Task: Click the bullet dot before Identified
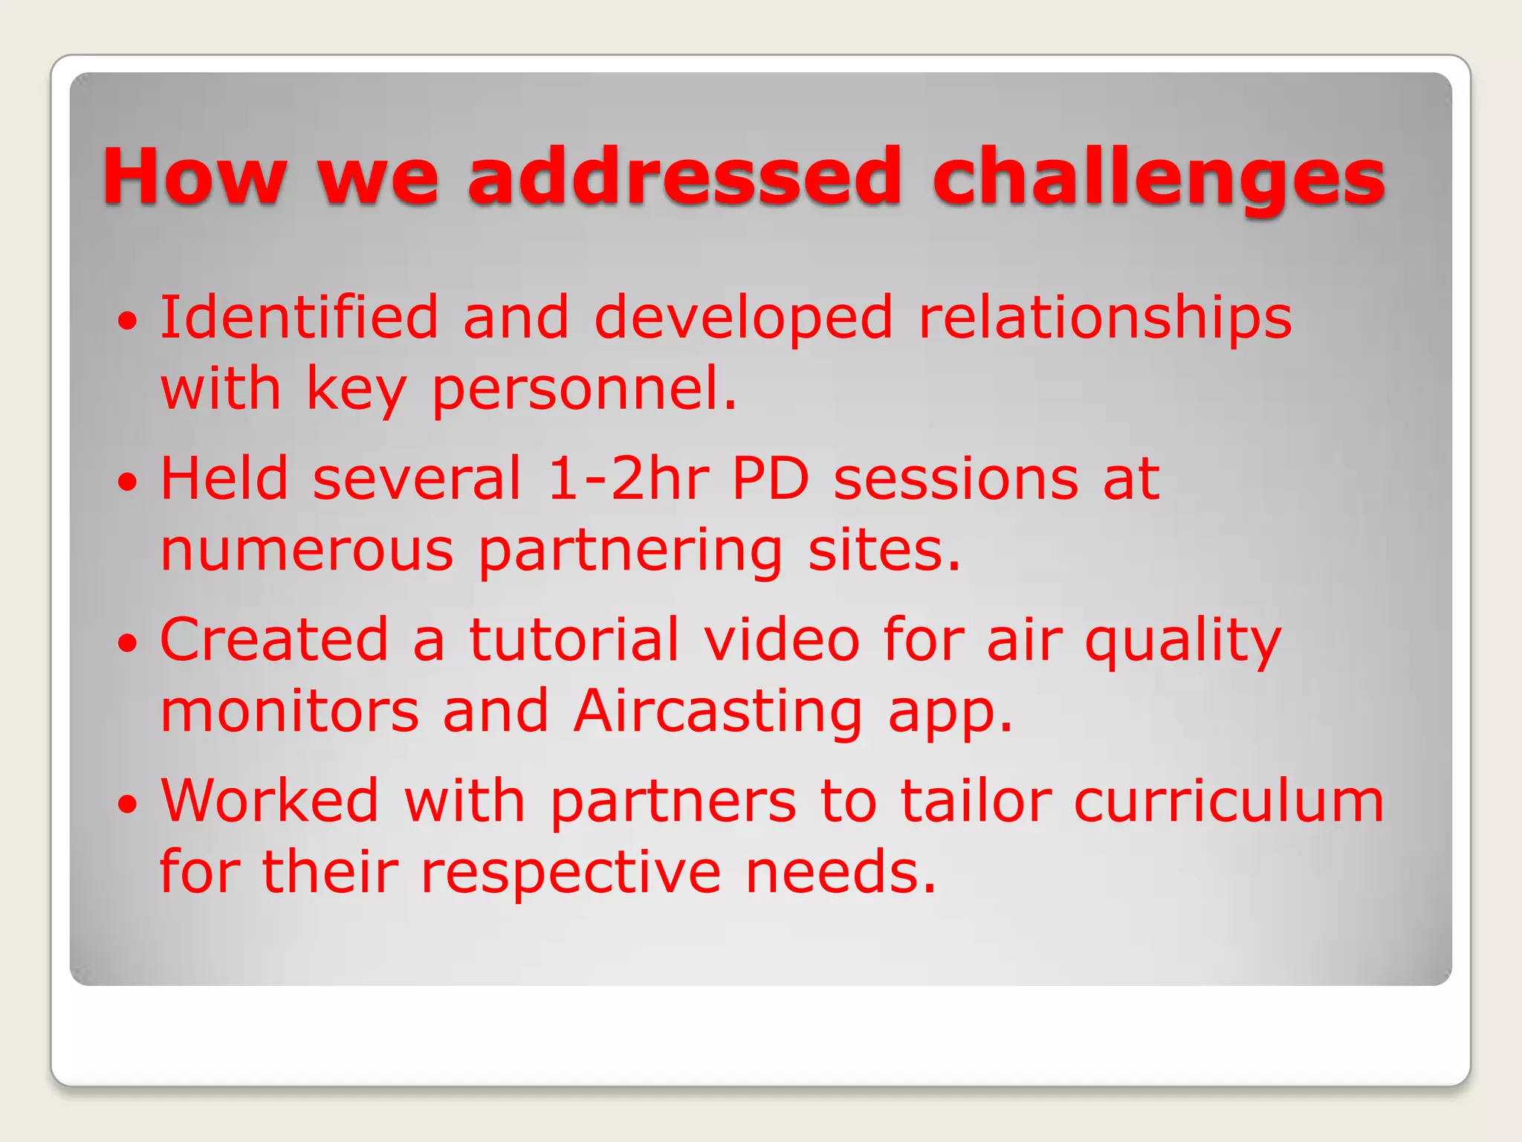click(x=128, y=321)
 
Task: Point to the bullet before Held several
click(x=128, y=482)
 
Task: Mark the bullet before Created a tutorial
click(x=128, y=643)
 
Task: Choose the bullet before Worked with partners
click(x=128, y=804)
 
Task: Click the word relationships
click(x=1105, y=318)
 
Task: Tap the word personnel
click(x=584, y=390)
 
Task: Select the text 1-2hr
click(x=628, y=479)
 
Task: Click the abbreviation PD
click(x=770, y=479)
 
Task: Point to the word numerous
click(x=306, y=552)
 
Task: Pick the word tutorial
click(x=574, y=639)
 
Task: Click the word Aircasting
click(x=718, y=712)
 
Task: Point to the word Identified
click(x=299, y=318)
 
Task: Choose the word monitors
click(x=290, y=712)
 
